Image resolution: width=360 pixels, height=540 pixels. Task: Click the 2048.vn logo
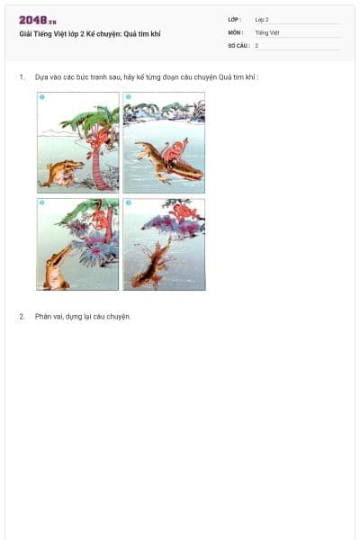click(x=38, y=20)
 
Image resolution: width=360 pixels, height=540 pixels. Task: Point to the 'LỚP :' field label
click(x=235, y=19)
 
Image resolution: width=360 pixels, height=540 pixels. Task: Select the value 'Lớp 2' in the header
click(x=262, y=19)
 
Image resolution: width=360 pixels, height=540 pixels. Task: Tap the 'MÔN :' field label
click(x=236, y=32)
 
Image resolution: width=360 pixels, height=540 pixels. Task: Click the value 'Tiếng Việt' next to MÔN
click(x=267, y=32)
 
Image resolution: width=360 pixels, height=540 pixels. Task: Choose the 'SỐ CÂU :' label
click(x=238, y=45)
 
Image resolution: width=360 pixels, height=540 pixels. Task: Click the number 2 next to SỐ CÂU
click(x=256, y=45)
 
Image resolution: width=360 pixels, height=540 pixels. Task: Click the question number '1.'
click(x=22, y=77)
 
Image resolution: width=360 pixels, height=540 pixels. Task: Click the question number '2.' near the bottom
click(x=22, y=317)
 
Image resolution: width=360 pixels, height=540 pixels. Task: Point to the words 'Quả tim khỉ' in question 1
click(x=238, y=77)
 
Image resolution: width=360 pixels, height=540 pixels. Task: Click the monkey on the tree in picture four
click(x=186, y=213)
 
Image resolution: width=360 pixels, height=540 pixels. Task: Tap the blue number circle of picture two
click(x=129, y=97)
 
